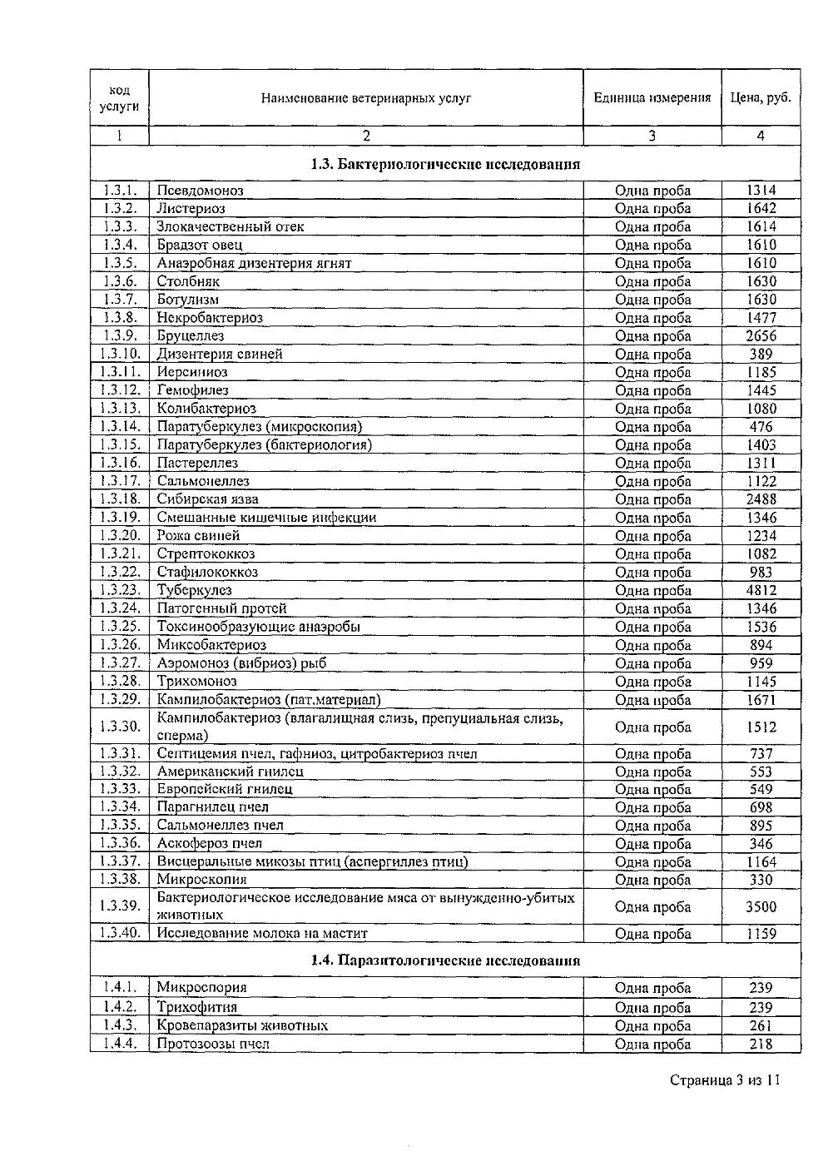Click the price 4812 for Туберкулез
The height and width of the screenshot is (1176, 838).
(x=761, y=591)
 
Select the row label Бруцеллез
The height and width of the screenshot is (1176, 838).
(x=191, y=336)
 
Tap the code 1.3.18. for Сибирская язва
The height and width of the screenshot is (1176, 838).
(x=120, y=499)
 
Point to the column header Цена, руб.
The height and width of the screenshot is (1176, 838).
(x=761, y=98)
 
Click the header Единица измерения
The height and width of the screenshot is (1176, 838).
(x=652, y=98)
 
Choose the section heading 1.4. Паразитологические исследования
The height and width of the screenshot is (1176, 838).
(x=445, y=960)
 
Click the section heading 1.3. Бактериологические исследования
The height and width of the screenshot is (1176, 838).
(x=445, y=164)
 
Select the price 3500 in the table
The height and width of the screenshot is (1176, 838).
(x=761, y=907)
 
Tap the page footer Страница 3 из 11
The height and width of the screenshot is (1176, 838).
(x=725, y=1080)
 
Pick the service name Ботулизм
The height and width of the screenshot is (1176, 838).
(x=188, y=300)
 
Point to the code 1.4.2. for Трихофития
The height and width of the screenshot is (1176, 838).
(x=120, y=1007)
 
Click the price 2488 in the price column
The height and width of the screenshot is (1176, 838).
(x=761, y=499)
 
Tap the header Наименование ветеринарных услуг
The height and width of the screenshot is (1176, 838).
(x=366, y=98)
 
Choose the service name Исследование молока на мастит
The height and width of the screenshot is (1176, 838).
(x=262, y=934)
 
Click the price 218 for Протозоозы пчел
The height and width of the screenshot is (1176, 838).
(x=761, y=1045)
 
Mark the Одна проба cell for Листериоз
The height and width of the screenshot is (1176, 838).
(x=652, y=209)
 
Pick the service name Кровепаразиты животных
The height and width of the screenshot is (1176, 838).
(x=242, y=1025)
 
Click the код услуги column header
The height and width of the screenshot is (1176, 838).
(x=120, y=98)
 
